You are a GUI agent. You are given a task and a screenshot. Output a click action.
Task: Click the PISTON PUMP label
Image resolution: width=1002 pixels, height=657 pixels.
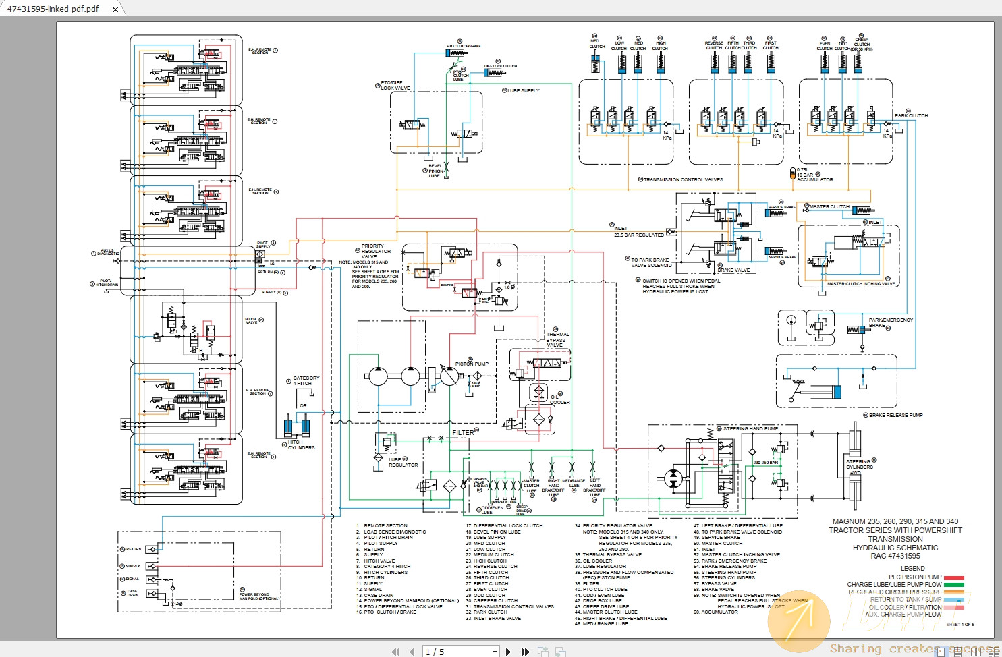(x=471, y=364)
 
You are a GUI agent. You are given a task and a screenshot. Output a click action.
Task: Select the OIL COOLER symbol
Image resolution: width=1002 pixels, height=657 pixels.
(x=538, y=393)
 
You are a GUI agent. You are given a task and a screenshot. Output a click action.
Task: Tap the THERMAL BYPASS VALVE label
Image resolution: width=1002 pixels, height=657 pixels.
(x=557, y=339)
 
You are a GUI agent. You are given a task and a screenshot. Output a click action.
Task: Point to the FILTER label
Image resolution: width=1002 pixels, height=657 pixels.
(x=463, y=432)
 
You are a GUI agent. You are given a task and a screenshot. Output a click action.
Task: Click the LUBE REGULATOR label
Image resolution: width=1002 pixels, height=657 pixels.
(x=403, y=462)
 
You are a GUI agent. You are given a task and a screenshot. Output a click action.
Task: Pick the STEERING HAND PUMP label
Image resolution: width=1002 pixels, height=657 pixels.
(x=750, y=428)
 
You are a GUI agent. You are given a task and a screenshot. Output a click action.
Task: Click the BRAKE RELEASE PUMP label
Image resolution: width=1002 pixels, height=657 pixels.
(x=895, y=415)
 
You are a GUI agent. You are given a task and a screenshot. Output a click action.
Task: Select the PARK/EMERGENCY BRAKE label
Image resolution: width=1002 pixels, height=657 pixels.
(x=890, y=322)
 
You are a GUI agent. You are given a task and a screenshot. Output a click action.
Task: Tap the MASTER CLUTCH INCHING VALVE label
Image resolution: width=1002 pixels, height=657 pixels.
(x=860, y=284)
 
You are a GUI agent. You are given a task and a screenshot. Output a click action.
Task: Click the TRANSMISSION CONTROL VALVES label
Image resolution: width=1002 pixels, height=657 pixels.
(x=683, y=179)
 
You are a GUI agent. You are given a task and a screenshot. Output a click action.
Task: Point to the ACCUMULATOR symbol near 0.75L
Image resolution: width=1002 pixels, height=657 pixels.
(x=793, y=173)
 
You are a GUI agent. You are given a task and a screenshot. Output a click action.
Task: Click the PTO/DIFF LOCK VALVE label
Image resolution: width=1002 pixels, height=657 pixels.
(x=395, y=86)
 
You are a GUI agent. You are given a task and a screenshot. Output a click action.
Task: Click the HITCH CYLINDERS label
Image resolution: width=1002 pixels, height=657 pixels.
(x=300, y=445)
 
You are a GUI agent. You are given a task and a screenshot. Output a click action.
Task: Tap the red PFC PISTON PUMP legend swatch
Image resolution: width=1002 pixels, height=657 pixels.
(x=953, y=577)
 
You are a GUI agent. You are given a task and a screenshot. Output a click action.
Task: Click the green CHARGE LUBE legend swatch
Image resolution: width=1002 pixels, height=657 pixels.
(x=953, y=585)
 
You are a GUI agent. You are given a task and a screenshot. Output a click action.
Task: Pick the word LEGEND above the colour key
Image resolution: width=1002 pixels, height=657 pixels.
(x=912, y=568)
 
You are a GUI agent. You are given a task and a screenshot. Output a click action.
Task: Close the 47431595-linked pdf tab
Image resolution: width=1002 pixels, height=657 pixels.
(x=115, y=9)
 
